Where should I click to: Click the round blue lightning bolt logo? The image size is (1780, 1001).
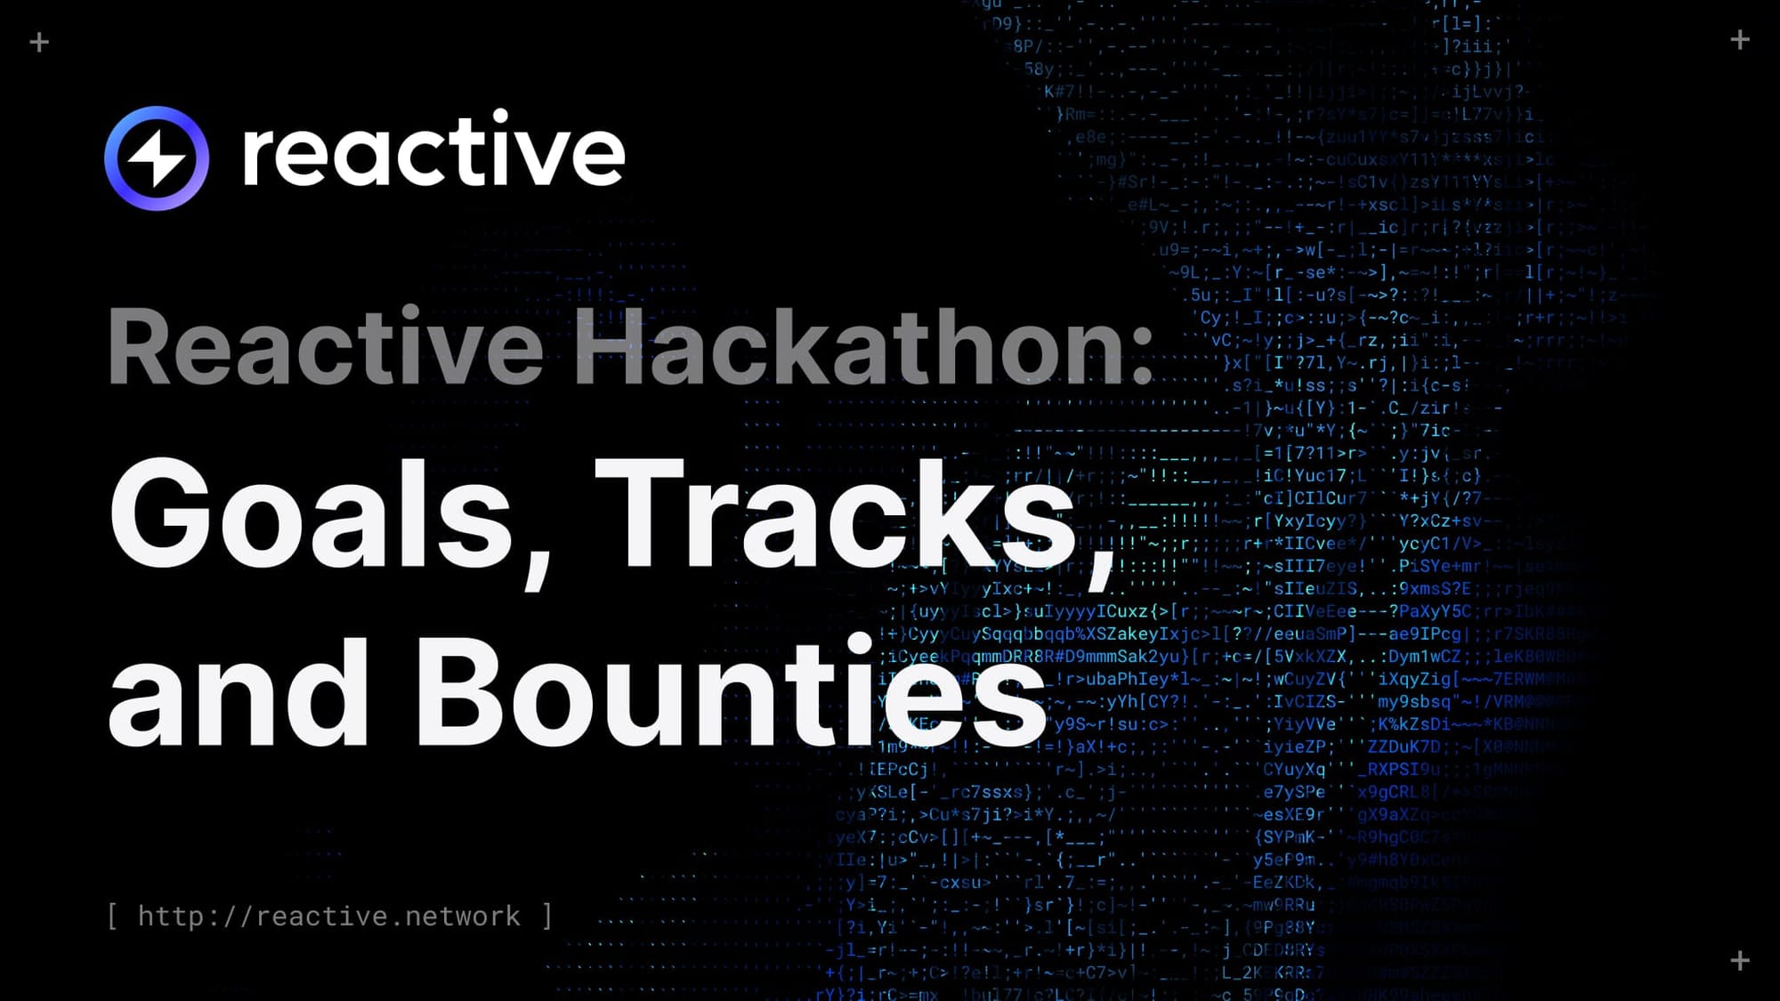[x=157, y=158]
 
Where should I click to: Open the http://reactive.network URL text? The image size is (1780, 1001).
[x=328, y=916]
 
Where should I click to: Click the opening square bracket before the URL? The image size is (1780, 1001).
[x=112, y=916]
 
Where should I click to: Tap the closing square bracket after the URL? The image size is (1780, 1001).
[x=547, y=916]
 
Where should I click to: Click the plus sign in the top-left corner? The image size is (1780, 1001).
[x=39, y=42]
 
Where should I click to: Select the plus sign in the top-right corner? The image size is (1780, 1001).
[x=1740, y=39]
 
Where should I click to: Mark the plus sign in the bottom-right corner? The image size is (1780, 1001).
[x=1740, y=960]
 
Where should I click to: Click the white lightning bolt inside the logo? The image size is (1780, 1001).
[x=157, y=159]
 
